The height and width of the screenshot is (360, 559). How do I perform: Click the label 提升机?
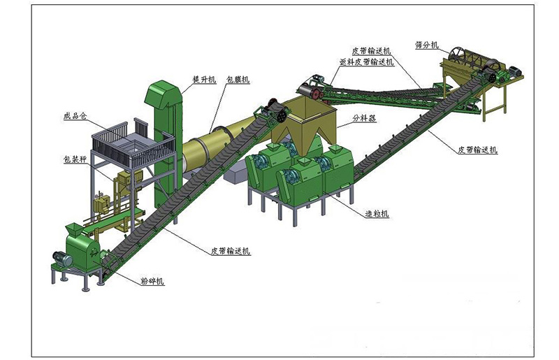click(x=204, y=79)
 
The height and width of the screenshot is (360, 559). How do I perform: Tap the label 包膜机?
click(x=238, y=79)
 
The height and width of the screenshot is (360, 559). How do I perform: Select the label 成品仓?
click(x=75, y=116)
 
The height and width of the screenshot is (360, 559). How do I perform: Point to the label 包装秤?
click(x=75, y=159)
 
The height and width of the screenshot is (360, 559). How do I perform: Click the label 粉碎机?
click(x=152, y=281)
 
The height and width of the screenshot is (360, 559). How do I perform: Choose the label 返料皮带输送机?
click(x=366, y=62)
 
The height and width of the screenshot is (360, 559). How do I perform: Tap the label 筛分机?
click(x=427, y=45)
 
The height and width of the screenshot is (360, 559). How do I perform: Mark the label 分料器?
click(x=364, y=117)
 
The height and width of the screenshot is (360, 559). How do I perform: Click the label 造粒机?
click(x=377, y=213)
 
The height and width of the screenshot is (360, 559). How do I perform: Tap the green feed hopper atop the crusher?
click(x=74, y=229)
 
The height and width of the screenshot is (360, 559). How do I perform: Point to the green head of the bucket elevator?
click(x=164, y=95)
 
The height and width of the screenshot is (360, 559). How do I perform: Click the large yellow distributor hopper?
click(x=303, y=126)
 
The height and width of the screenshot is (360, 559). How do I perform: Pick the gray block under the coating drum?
click(x=236, y=174)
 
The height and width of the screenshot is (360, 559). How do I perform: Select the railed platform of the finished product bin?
click(x=133, y=145)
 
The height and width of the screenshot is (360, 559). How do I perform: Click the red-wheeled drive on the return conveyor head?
click(x=311, y=89)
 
